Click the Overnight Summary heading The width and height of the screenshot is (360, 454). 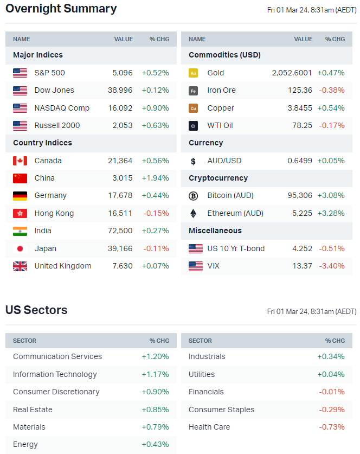pos(61,9)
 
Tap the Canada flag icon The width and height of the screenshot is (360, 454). pos(20,161)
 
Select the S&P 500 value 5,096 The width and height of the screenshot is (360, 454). pos(123,73)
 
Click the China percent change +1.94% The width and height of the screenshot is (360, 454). pos(155,178)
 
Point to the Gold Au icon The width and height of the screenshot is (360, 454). pos(193,73)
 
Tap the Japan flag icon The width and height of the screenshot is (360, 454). pos(20,248)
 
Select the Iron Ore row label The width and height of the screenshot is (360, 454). pos(221,90)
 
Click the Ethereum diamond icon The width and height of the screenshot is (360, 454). pos(193,213)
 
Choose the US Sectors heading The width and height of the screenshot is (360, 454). pos(36,310)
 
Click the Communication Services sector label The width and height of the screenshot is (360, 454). pos(57,356)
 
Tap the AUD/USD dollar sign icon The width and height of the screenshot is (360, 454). pos(193,161)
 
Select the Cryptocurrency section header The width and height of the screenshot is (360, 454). pos(218,178)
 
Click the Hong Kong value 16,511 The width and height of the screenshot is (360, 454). pos(120,213)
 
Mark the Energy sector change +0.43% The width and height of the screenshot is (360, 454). pos(155,444)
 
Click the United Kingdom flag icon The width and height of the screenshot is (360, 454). pos(20,266)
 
